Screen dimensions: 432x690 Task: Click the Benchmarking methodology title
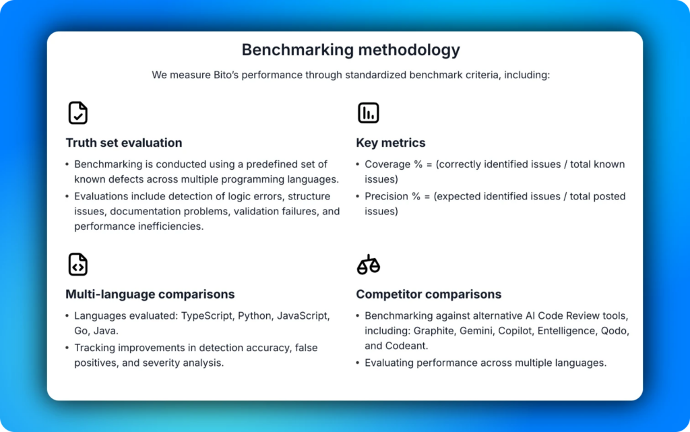(350, 50)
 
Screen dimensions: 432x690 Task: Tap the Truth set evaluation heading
(124, 143)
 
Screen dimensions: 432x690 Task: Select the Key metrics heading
(391, 143)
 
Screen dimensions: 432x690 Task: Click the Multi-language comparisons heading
(150, 295)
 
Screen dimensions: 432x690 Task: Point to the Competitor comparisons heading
(429, 295)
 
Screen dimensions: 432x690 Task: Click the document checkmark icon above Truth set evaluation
(78, 113)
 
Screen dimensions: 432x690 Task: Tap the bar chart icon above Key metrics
(368, 113)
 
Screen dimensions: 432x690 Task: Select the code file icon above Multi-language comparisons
(78, 264)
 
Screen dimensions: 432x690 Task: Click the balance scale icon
(368, 264)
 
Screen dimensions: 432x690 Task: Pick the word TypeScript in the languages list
(207, 316)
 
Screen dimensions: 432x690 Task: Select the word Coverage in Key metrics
(387, 164)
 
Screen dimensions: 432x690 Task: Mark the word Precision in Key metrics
(387, 197)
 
